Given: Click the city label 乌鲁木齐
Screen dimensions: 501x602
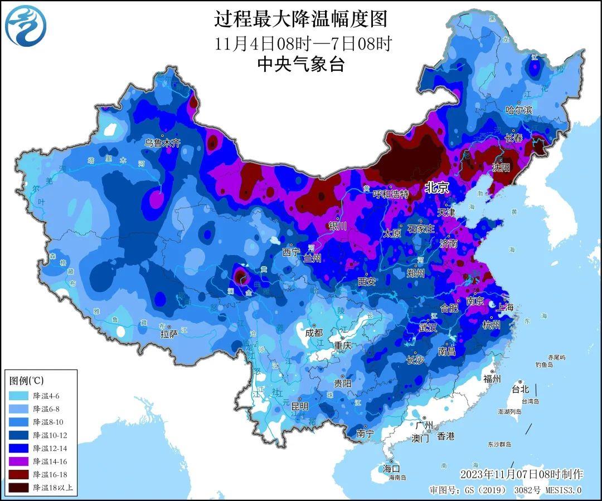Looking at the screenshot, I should tap(163, 143).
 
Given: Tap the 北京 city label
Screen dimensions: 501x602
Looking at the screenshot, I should tap(436, 188).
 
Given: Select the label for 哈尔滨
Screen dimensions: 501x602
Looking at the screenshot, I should tap(518, 110).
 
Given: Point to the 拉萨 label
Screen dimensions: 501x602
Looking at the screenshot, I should tap(169, 335).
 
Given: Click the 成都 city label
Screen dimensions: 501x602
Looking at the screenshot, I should tap(314, 332).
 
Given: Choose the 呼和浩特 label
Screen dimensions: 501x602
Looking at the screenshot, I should tap(390, 194).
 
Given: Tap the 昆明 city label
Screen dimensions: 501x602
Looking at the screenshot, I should tap(300, 406).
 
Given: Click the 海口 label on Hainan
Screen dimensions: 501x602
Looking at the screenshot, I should tap(391, 468).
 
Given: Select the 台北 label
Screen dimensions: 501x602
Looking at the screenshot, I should tap(520, 389).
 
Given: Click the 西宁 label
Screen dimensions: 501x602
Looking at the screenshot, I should tap(291, 252).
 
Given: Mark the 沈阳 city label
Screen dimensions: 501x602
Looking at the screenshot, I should tap(501, 167).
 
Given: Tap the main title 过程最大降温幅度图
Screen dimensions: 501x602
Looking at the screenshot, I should tap(300, 19).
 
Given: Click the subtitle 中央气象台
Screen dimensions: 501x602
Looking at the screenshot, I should tap(300, 65).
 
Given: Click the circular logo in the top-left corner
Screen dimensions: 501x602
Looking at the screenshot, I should tap(26, 26).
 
